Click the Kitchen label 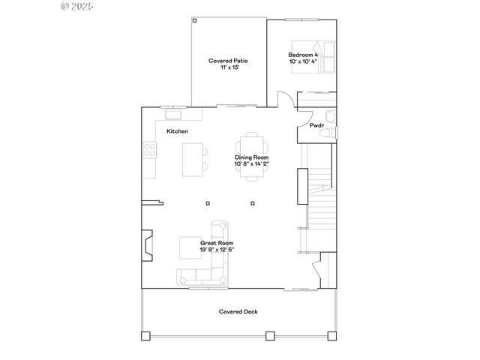(177, 131)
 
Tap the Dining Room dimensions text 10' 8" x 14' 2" (250, 163)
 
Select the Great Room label (216, 243)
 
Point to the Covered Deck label (238, 311)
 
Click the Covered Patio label (228, 61)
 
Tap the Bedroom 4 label (303, 55)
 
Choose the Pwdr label (316, 125)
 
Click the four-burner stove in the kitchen (149, 149)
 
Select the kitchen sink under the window (174, 115)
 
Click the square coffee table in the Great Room (188, 247)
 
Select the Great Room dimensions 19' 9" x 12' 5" (216, 250)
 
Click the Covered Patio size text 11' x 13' (228, 67)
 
